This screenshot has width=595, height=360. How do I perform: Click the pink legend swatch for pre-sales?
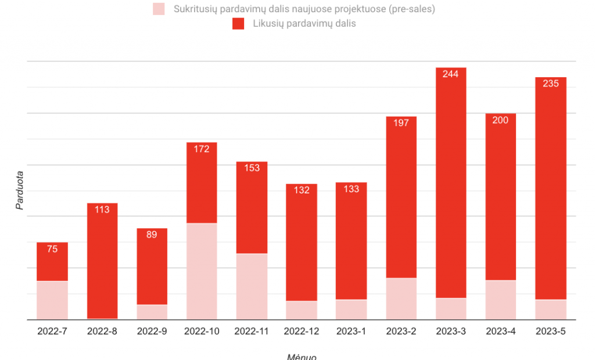click(x=159, y=9)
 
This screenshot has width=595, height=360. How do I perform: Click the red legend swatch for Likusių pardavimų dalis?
click(x=238, y=24)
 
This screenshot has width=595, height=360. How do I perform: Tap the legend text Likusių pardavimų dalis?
click(x=304, y=24)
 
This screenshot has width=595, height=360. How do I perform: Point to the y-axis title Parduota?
click(x=19, y=190)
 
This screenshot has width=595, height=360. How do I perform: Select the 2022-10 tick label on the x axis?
click(x=202, y=331)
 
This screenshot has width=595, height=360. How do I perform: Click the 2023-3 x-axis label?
click(x=451, y=331)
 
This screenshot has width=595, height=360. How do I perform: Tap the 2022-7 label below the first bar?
click(x=52, y=331)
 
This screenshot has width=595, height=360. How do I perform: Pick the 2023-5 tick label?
click(x=551, y=331)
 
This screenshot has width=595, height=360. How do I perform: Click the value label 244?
click(x=450, y=74)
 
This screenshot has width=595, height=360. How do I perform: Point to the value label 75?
click(x=52, y=249)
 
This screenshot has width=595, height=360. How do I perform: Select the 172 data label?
click(x=202, y=149)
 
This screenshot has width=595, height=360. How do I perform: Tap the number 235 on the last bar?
click(x=551, y=84)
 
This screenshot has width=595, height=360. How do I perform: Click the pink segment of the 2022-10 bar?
click(x=202, y=271)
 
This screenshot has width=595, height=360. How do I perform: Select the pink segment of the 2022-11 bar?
click(x=252, y=286)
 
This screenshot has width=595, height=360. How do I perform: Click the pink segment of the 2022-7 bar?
click(x=52, y=300)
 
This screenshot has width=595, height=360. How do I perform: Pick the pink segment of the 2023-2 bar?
click(x=401, y=298)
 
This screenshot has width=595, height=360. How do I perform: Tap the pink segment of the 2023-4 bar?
click(x=500, y=300)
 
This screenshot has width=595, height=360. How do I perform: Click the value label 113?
click(x=102, y=210)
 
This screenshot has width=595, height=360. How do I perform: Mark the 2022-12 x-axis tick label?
click(x=302, y=331)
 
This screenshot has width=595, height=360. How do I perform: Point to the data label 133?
click(x=352, y=189)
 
